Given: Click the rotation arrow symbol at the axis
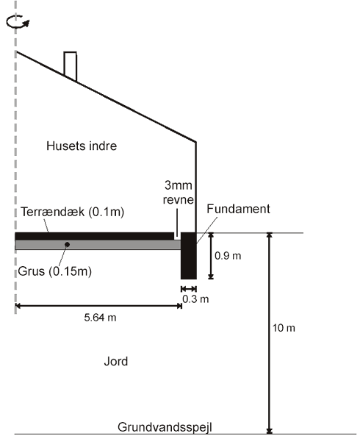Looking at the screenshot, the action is pos(18,22).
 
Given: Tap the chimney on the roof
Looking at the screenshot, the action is pos(70,66).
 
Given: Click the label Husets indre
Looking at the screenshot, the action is pos(82,146).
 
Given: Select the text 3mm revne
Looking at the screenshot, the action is pos(178,192).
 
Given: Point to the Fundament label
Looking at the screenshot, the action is pos(238,209).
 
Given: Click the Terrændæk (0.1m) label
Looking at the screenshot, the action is pos(72,212).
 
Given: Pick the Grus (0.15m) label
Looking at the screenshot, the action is pos(54,271).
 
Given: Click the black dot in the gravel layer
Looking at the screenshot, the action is pos(67,244).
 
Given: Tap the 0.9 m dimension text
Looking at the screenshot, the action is pos(228,256).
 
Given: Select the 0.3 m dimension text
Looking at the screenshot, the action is pos(195,299).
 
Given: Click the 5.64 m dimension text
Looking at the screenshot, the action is pos(100,318).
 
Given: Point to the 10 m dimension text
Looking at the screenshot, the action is pos(284,328).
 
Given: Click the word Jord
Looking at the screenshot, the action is pos(116,362).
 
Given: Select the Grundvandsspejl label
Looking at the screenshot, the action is pos(165,427).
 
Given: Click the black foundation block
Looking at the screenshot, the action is pos(189,256).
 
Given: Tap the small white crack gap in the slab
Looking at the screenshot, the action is pos(176,236).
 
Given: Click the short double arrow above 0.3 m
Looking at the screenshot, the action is pos(189,289).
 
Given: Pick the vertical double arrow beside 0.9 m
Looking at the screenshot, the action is pos(211,256).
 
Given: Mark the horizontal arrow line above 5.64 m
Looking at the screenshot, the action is pos(98,306).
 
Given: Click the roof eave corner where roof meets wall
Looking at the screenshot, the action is pos(195,142).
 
